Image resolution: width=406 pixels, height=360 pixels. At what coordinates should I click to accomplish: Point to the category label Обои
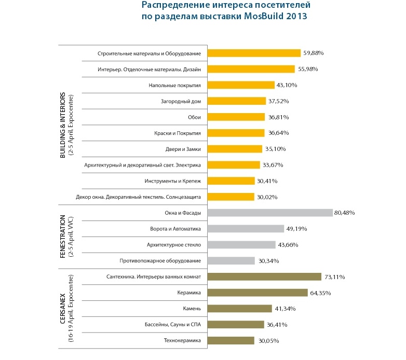pyautogui.click(x=194, y=117)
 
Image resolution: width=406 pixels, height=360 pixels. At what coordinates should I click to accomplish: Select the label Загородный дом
pyautogui.click(x=182, y=101)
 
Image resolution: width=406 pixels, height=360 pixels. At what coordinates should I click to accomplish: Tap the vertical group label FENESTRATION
pyautogui.click(x=63, y=237)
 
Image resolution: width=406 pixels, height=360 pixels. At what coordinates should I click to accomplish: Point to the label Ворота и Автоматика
pyautogui.click(x=175, y=229)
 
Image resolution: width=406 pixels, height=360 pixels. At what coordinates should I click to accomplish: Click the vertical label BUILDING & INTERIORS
pyautogui.click(x=63, y=125)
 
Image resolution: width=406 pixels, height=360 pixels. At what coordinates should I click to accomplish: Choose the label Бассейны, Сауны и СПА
pyautogui.click(x=173, y=325)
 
